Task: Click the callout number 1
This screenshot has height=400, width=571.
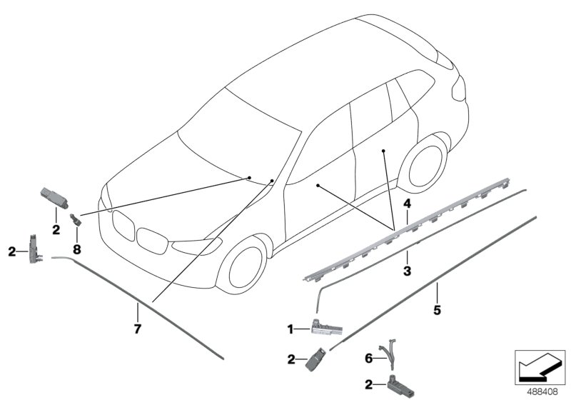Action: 290,330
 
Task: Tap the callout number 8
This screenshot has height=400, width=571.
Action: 77,249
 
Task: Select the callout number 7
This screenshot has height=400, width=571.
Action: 137,329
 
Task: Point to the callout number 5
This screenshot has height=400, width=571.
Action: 437,311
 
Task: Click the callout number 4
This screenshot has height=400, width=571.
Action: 407,204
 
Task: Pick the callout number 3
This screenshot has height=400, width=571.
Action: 407,271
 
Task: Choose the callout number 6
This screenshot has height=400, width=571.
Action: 369,359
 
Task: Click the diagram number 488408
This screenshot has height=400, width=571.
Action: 542,392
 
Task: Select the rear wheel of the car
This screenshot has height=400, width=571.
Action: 424,166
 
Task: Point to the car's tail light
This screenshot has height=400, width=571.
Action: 459,89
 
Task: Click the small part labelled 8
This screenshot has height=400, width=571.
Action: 76,220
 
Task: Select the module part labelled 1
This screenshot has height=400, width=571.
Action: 326,326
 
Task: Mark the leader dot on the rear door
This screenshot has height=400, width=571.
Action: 383,151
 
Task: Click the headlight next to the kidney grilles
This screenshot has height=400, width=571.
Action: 197,246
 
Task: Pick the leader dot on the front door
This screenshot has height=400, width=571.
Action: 318,186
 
